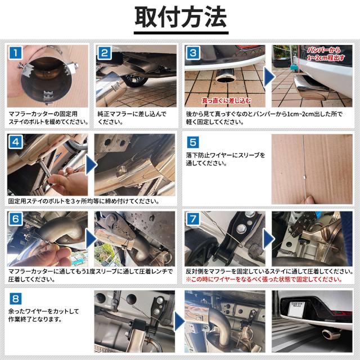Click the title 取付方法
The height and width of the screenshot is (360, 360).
[x=181, y=17]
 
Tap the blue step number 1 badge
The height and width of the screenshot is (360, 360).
[x=15, y=52]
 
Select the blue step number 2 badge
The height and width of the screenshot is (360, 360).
[x=105, y=53]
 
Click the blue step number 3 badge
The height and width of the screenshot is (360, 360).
[x=193, y=53]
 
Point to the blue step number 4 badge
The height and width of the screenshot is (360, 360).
[x=15, y=142]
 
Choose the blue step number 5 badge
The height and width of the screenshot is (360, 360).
[x=193, y=142]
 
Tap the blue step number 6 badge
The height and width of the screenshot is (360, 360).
[x=15, y=219]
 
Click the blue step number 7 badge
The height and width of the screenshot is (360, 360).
[x=193, y=219]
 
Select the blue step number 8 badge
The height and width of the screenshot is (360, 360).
[x=15, y=299]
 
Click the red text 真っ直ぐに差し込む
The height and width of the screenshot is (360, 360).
[x=226, y=101]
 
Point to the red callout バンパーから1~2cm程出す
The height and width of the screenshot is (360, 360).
[x=326, y=54]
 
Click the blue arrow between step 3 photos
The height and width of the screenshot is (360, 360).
[x=269, y=77]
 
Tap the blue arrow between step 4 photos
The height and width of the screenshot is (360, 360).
[x=91, y=165]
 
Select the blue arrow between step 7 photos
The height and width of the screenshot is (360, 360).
[x=268, y=238]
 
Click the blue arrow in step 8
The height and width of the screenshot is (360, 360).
[x=180, y=321]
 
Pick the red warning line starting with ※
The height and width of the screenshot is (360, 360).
[x=264, y=280]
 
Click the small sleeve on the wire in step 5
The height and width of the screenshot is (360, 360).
[x=304, y=177]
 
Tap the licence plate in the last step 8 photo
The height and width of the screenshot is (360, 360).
[x=296, y=308]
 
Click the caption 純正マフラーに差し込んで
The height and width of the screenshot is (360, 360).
[x=132, y=114]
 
